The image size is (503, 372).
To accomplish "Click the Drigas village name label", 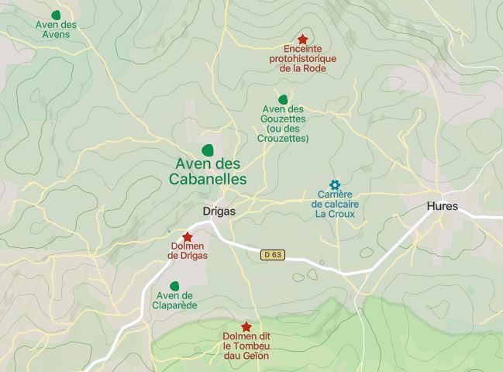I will click(x=219, y=211).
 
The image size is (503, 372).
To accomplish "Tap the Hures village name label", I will click(x=442, y=206).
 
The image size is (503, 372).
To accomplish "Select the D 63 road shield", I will click(x=272, y=254).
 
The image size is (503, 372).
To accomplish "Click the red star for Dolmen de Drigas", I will click(x=187, y=237).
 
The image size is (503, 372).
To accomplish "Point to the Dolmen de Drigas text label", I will click(x=188, y=251).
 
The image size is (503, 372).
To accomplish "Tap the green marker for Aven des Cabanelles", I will click(x=208, y=150).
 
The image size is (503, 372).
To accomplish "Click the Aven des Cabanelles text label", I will click(x=208, y=171).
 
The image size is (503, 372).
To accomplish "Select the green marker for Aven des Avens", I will click(x=56, y=15).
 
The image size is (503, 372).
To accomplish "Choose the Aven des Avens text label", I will click(x=56, y=29).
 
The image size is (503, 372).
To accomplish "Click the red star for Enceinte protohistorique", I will click(x=302, y=39).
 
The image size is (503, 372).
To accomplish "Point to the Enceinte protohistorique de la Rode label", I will click(x=302, y=58).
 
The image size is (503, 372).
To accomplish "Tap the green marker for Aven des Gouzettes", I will click(x=283, y=99).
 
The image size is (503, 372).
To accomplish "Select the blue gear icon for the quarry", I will click(x=335, y=184).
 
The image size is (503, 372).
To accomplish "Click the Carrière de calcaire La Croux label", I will click(x=336, y=204).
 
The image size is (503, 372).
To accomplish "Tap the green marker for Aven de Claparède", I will click(x=175, y=286).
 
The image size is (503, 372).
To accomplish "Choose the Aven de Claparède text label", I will click(x=177, y=300).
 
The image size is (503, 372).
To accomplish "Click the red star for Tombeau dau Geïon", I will click(x=246, y=327).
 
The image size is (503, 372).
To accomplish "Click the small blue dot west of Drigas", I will click(x=168, y=230).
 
